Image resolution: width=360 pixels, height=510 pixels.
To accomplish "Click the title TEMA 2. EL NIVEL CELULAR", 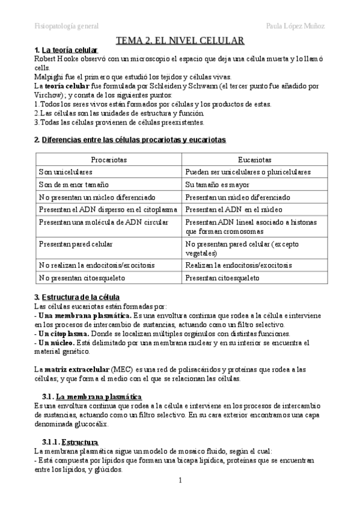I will [x=180, y=41].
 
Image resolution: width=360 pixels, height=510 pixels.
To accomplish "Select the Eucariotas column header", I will [x=255, y=160].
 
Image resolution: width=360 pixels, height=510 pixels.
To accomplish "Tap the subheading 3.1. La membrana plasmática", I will [x=92, y=397].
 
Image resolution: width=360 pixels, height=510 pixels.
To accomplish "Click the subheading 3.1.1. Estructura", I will [x=72, y=442].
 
